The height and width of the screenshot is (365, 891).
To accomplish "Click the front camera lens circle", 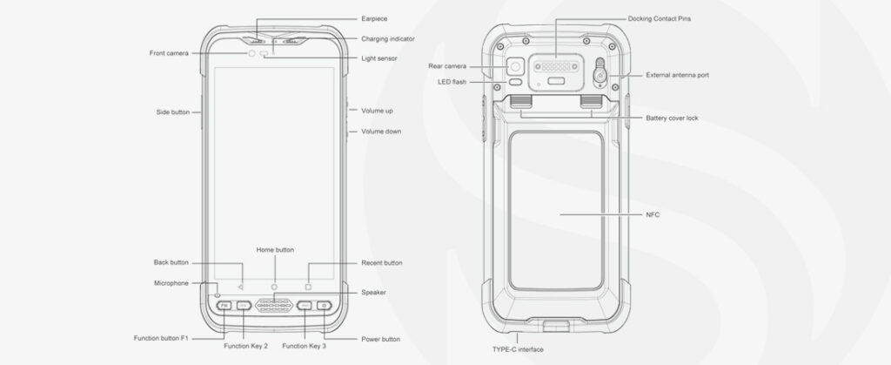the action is click(x=251, y=53).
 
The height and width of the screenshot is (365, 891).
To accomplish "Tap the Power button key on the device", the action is click(x=324, y=305).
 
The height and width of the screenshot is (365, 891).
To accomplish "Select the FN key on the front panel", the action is click(x=224, y=305).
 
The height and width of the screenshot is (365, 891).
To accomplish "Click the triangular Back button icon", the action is click(x=240, y=287).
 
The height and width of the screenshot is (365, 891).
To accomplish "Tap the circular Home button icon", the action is click(x=274, y=287).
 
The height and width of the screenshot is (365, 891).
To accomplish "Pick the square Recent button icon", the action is click(x=309, y=287).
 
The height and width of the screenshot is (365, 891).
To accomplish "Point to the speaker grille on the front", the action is click(x=274, y=305).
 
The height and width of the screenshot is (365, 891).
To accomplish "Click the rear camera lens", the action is click(x=515, y=67).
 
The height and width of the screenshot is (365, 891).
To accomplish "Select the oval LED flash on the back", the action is click(x=515, y=82).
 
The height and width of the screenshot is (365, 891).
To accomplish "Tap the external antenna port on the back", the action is click(x=600, y=73).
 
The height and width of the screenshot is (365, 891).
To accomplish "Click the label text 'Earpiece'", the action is click(x=374, y=19).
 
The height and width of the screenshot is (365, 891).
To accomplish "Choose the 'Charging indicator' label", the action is click(x=388, y=39).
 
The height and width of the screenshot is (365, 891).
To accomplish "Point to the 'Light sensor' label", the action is click(x=379, y=58).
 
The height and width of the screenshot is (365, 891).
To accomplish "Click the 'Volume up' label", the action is click(x=377, y=111).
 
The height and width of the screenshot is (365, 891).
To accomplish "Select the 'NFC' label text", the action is click(x=653, y=215).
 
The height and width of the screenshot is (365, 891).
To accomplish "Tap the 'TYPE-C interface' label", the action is click(x=518, y=349).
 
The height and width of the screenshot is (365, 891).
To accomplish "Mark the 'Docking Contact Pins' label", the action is click(x=660, y=19).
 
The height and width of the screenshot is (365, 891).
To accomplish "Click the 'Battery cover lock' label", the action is click(x=673, y=118).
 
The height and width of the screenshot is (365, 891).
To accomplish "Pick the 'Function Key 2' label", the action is click(x=245, y=346).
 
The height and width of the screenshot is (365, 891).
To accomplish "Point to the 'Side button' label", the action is click(x=173, y=112).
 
